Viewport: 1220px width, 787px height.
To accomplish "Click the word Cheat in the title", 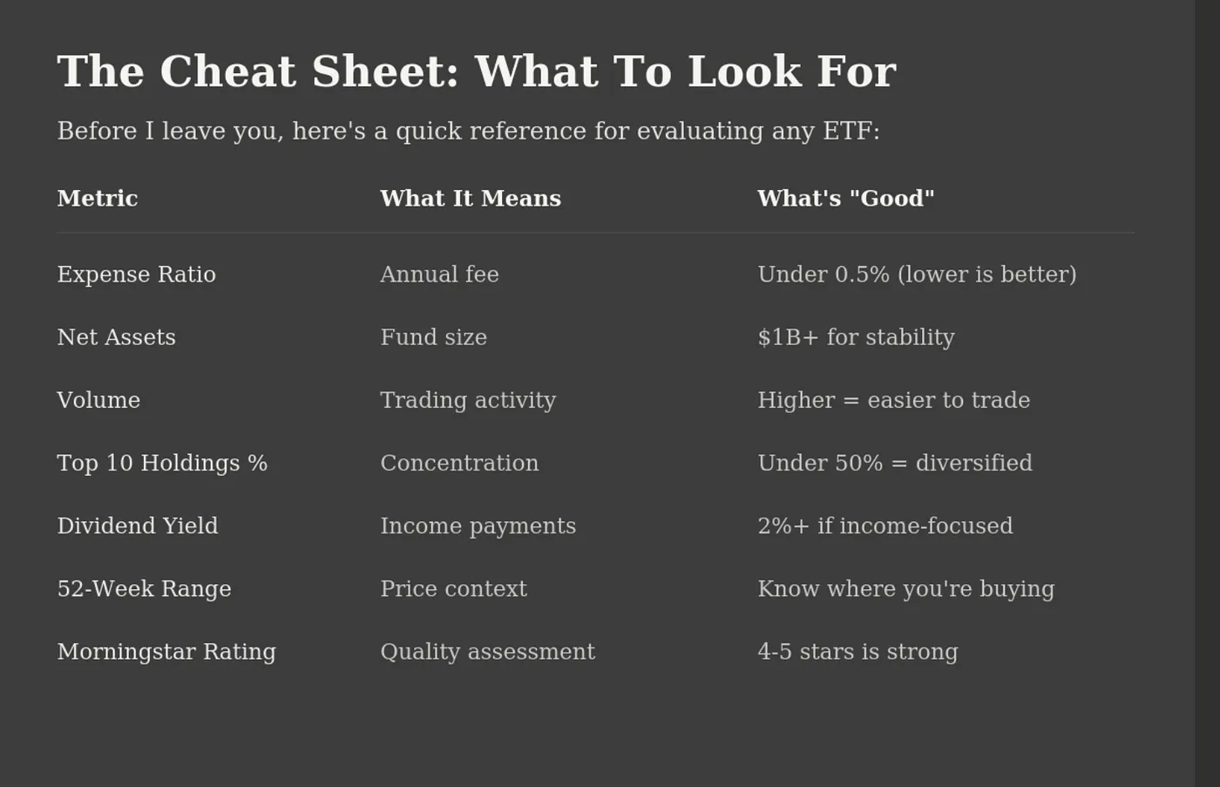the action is pyautogui.click(x=228, y=71).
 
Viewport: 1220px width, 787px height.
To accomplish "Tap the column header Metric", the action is pyautogui.click(x=98, y=198).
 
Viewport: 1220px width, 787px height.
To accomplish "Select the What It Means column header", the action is pyautogui.click(x=471, y=198).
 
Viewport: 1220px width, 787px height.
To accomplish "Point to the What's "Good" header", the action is pyautogui.click(x=846, y=198).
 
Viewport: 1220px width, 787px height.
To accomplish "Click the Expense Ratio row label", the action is pyautogui.click(x=137, y=274).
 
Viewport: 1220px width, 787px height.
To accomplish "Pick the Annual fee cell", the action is pyautogui.click(x=439, y=274).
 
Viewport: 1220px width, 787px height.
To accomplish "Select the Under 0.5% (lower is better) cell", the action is pyautogui.click(x=917, y=275).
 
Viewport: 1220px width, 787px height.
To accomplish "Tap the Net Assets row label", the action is pyautogui.click(x=117, y=337).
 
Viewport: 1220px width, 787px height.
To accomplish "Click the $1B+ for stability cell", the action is pyautogui.click(x=856, y=337).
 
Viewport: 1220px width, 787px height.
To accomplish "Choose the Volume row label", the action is pyautogui.click(x=98, y=400).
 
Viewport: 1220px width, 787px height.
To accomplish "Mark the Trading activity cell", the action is pyautogui.click(x=469, y=401).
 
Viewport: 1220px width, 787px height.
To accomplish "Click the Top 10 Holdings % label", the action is pyautogui.click(x=162, y=463).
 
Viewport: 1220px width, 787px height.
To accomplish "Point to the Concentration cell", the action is pyautogui.click(x=460, y=463).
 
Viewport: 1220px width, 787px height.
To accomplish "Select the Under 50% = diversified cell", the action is pyautogui.click(x=895, y=463).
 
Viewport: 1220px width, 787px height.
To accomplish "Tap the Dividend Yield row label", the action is pyautogui.click(x=138, y=526).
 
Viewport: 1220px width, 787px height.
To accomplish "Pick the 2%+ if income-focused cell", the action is pyautogui.click(x=885, y=526).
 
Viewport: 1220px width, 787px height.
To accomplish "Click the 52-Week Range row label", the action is pyautogui.click(x=145, y=589).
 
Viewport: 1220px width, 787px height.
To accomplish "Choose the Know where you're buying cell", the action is pyautogui.click(x=906, y=589).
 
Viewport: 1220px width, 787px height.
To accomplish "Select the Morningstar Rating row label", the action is pyautogui.click(x=166, y=652).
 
